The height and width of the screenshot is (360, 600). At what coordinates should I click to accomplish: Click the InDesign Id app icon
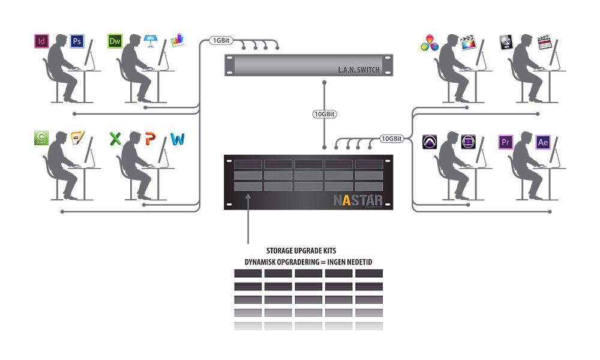[41, 41]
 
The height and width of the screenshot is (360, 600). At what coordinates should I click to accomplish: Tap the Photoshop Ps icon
[77, 41]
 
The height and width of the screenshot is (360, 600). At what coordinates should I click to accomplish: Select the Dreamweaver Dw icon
[115, 41]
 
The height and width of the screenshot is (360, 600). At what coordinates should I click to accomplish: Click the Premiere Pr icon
[505, 142]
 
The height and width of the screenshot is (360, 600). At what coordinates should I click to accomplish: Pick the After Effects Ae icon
[543, 142]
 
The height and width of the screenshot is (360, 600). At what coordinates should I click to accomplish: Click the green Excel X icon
[115, 139]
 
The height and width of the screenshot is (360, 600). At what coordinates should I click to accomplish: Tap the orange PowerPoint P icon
[150, 139]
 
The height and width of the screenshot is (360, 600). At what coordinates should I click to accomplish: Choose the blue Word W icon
[177, 139]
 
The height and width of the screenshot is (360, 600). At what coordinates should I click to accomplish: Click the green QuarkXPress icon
[41, 139]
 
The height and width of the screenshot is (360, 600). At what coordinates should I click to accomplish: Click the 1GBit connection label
[220, 41]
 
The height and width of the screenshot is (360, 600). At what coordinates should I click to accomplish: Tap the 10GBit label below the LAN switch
[324, 114]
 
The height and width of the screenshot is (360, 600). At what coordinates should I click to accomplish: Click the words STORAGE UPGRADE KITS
[304, 251]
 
